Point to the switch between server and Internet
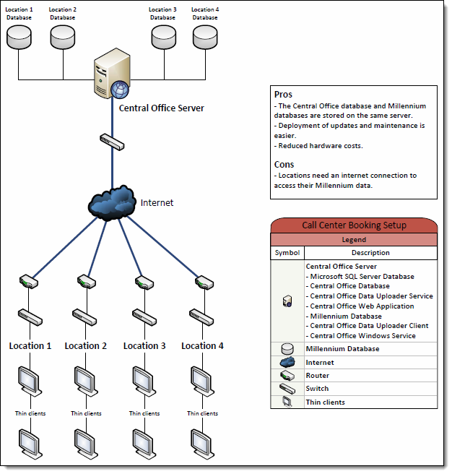point(112,140)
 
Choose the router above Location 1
point(30,281)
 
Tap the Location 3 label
point(144,346)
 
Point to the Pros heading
point(283,95)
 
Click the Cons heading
point(284,164)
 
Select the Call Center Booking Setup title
point(354,225)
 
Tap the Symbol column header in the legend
point(287,253)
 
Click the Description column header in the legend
point(370,253)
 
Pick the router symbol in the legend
point(287,376)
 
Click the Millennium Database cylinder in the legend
point(287,349)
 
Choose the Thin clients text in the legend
point(325,402)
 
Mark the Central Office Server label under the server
point(161,108)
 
